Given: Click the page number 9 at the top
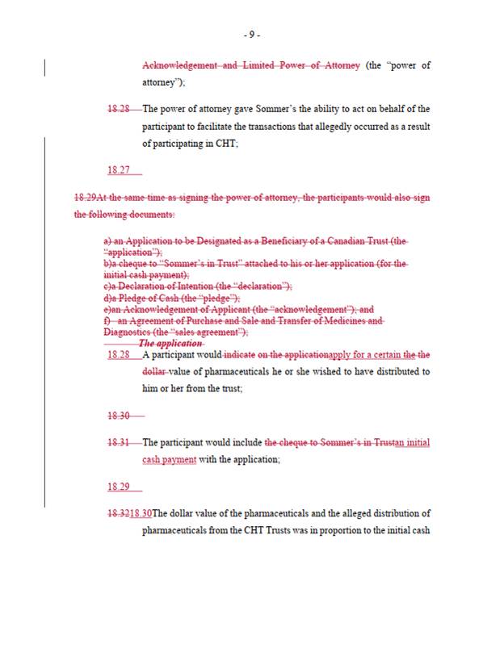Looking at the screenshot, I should point(252,35).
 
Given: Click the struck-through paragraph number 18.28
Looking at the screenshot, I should point(118,109).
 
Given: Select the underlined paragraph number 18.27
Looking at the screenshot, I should point(118,170).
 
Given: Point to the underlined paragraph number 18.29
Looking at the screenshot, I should point(118,487).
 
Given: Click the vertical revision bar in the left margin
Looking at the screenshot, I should point(44,65).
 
